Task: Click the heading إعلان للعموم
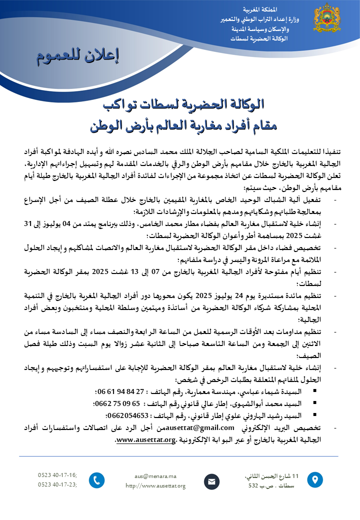pyautogui.click(x=78, y=56)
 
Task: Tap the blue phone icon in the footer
pyautogui.click(x=96, y=480)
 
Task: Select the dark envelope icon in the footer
pyautogui.click(x=211, y=481)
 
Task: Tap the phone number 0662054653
pyautogui.click(x=127, y=415)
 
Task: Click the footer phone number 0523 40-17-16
pyautogui.click(x=57, y=474)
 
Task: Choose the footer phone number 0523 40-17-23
pyautogui.click(x=57, y=484)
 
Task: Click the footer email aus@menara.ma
pyautogui.click(x=155, y=476)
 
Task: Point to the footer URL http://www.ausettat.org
pyautogui.click(x=155, y=485)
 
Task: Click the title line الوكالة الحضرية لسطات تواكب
pyautogui.click(x=181, y=104)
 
